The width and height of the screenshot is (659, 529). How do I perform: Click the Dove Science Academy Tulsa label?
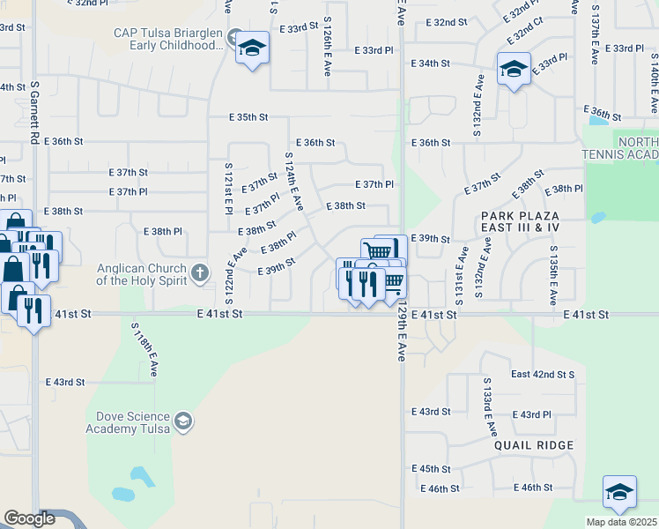pos(130,421)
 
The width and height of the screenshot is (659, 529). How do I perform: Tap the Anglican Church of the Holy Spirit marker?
pos(201,272)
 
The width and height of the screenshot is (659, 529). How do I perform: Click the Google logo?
pos(29,518)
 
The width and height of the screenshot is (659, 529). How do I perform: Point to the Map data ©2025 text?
pos(621,522)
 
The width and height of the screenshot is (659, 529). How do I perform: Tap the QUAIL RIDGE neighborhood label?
pos(534,445)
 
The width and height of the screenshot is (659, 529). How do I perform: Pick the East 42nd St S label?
pos(543,374)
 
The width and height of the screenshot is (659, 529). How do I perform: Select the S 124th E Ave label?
pos(293,181)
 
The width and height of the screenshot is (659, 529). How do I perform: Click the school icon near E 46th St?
pos(618,492)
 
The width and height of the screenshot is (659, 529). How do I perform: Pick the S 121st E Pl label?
pos(227,190)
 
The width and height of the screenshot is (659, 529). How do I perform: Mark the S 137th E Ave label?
pos(595,41)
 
